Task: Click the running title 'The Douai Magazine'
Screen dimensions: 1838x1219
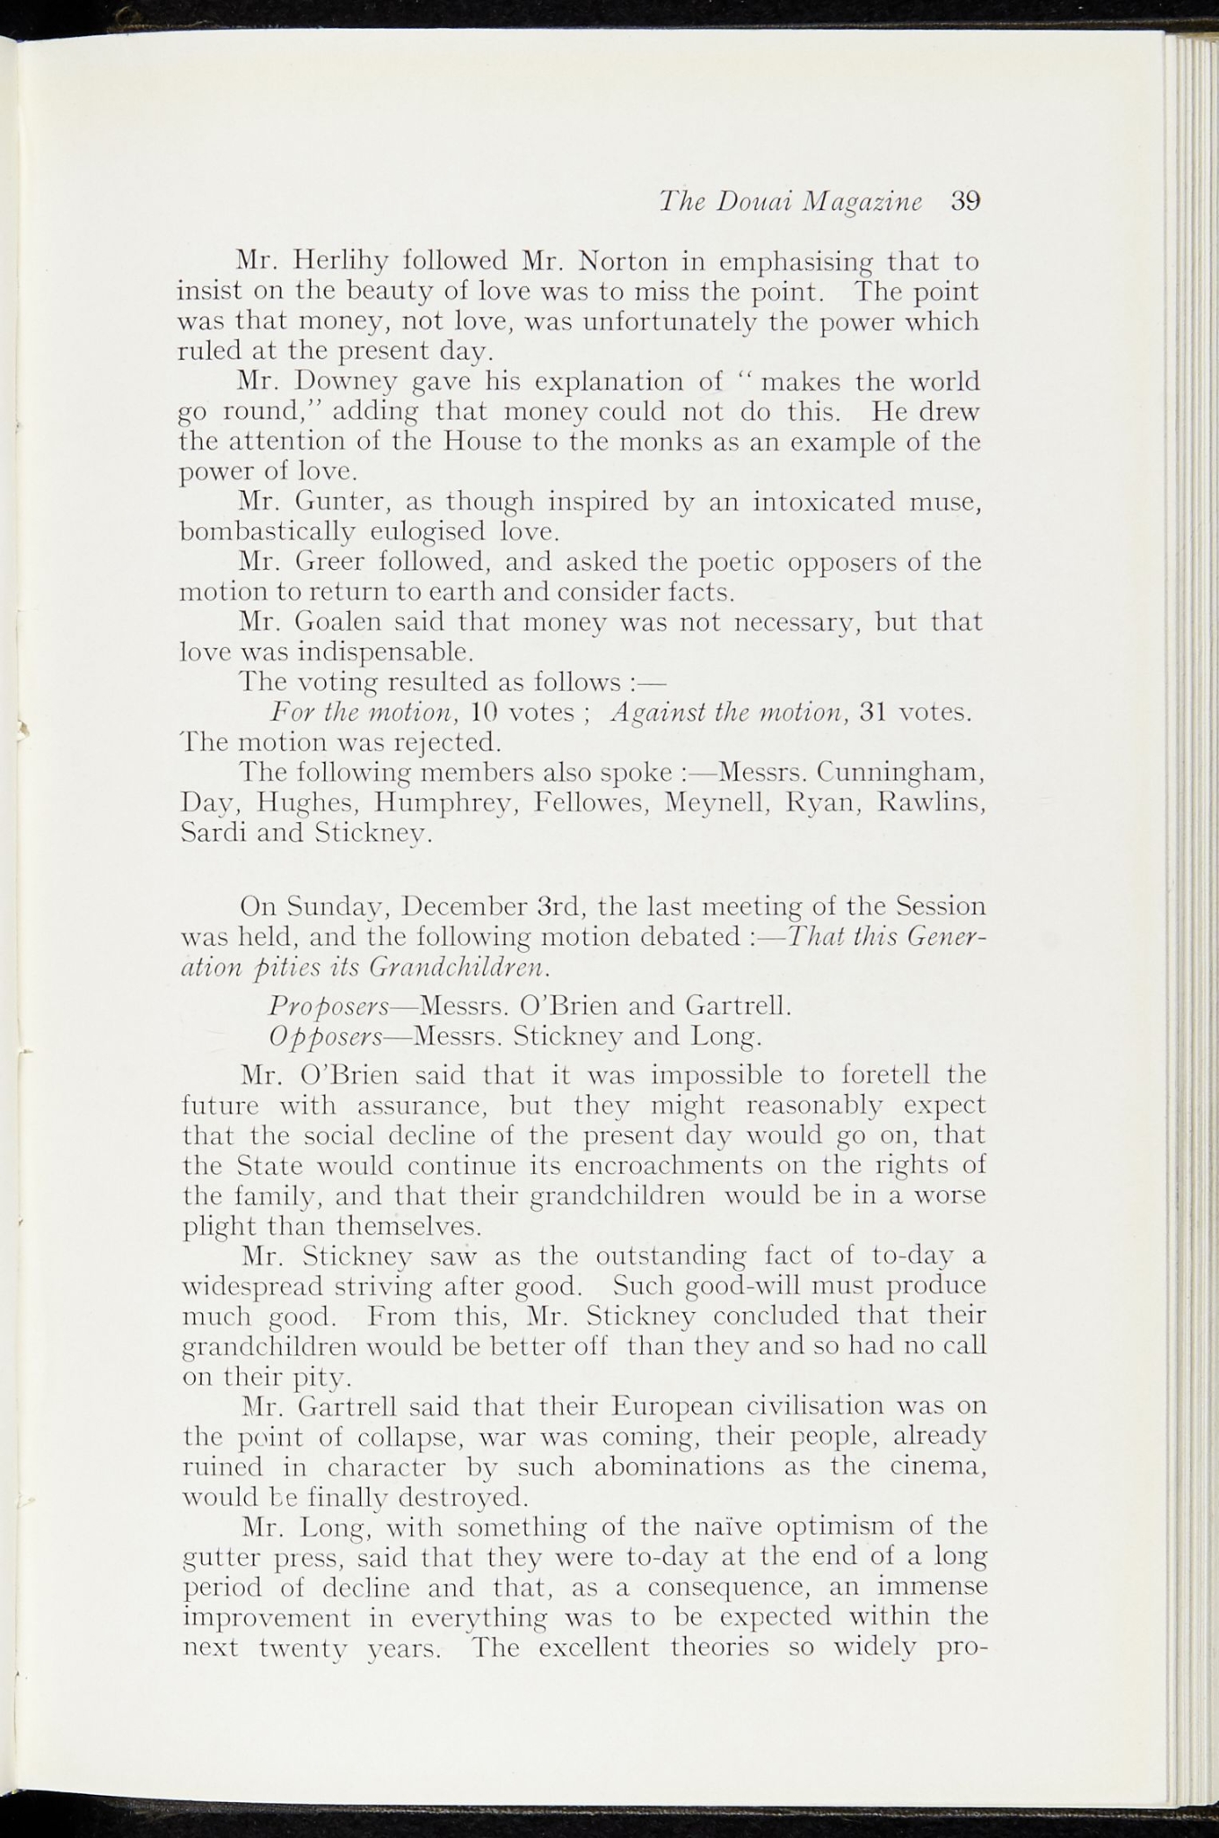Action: pyautogui.click(x=790, y=202)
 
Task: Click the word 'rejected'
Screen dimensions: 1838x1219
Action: pyautogui.click(x=451, y=743)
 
